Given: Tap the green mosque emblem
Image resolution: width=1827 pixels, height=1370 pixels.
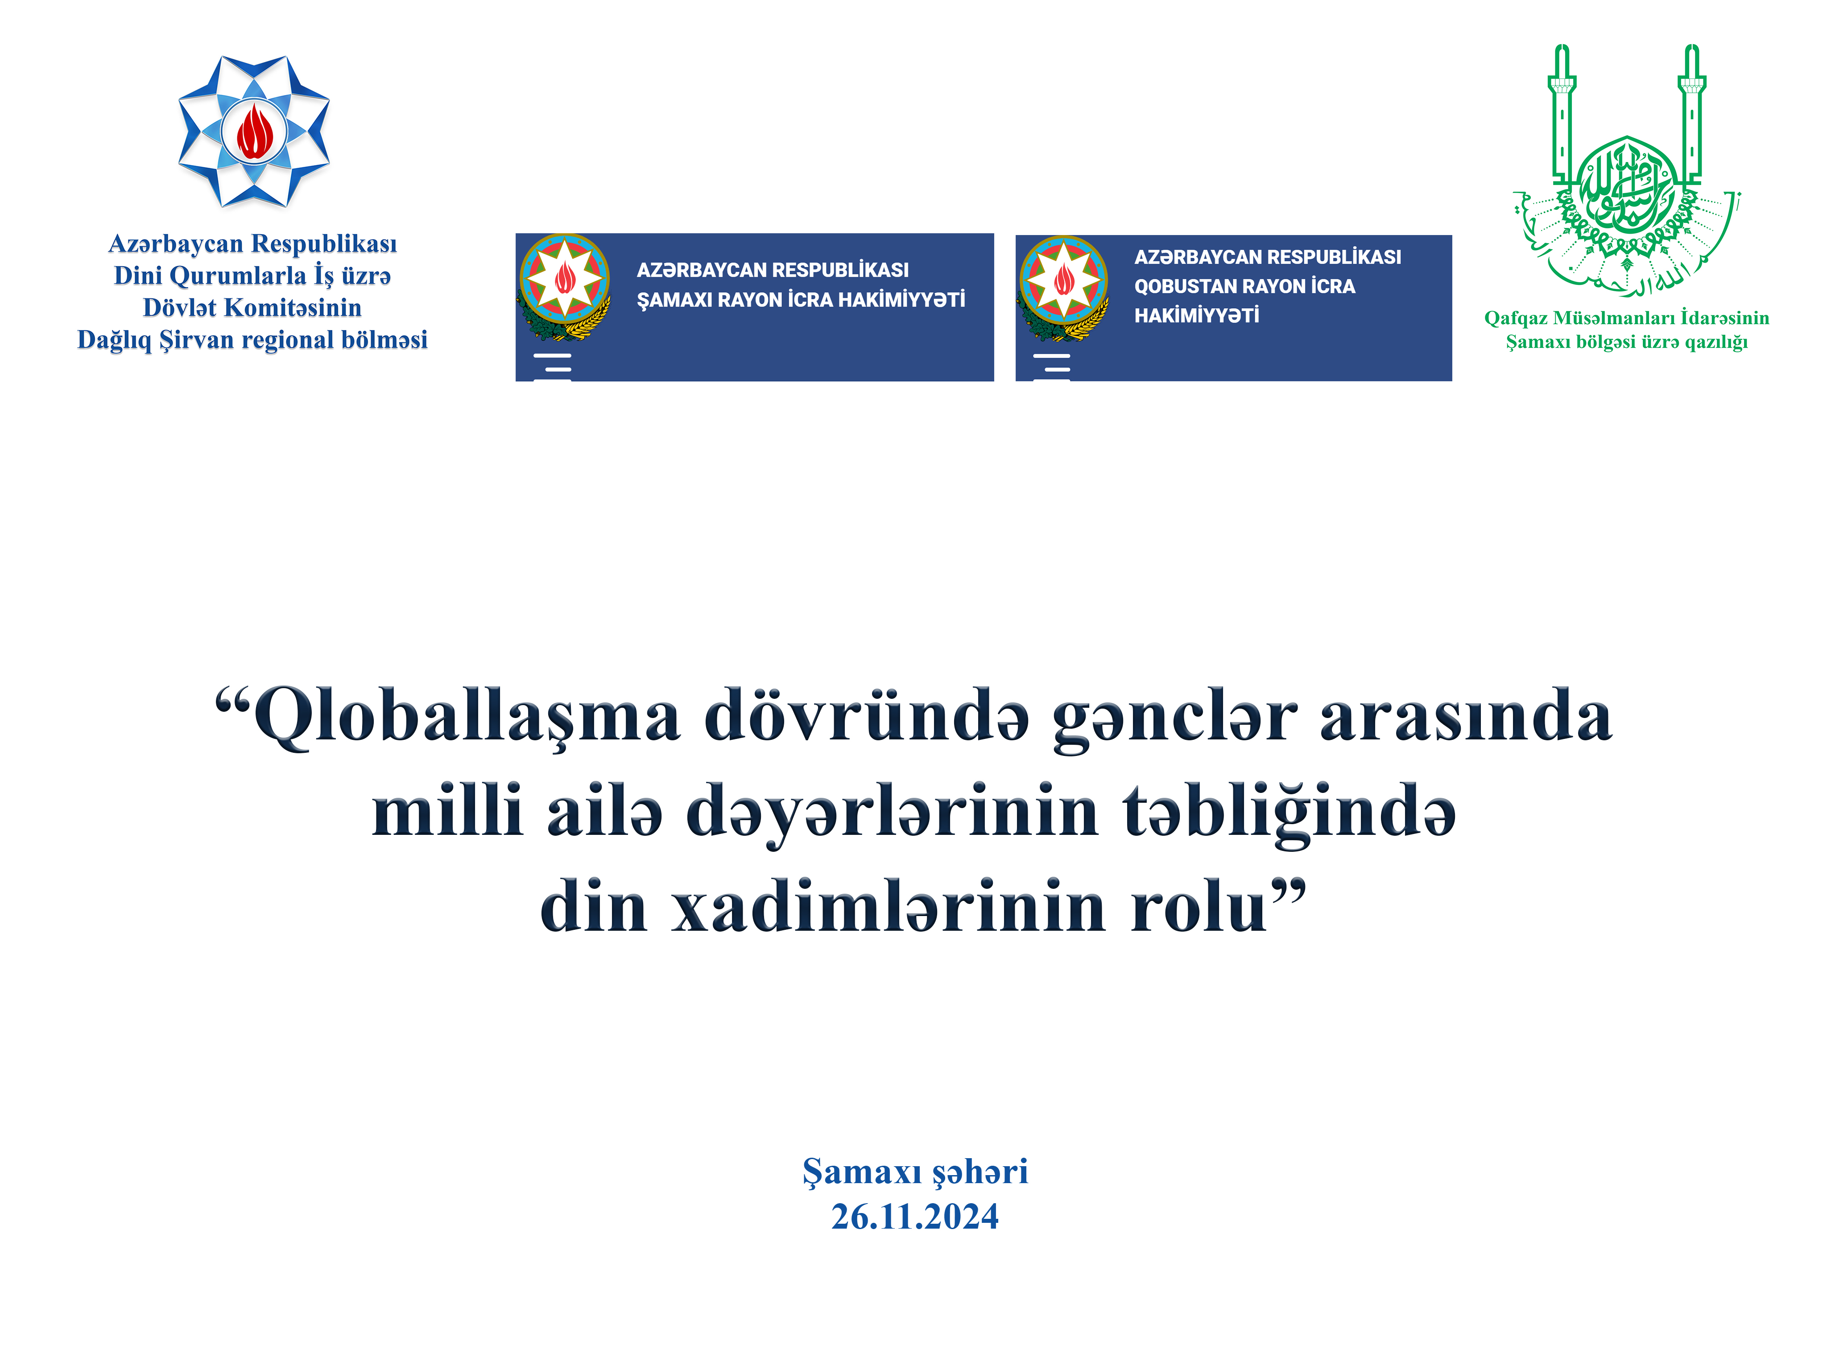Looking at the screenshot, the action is tap(1626, 170).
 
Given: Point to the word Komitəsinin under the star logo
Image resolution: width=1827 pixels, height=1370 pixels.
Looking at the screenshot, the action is tap(293, 307).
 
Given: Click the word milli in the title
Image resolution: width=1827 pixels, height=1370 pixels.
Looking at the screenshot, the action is tap(447, 810).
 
